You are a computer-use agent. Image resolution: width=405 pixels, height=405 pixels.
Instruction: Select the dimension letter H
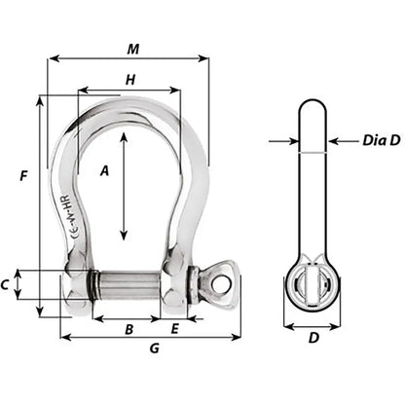click(x=129, y=80)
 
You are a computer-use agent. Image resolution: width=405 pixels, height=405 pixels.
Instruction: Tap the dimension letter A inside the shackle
click(x=104, y=170)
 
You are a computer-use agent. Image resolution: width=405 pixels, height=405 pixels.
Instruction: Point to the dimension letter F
click(x=22, y=175)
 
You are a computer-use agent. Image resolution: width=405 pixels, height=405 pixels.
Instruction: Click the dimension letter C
click(x=7, y=284)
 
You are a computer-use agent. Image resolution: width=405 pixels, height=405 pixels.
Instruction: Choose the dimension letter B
click(x=128, y=329)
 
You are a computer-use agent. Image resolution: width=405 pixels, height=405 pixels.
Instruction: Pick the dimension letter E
click(x=174, y=329)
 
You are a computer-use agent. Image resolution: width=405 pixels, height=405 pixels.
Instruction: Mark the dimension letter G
click(x=154, y=349)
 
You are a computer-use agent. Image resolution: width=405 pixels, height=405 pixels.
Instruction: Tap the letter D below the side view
click(x=313, y=339)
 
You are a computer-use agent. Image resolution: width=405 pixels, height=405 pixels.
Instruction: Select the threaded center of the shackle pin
click(x=129, y=287)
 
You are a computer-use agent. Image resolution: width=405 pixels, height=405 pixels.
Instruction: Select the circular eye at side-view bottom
click(x=313, y=286)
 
